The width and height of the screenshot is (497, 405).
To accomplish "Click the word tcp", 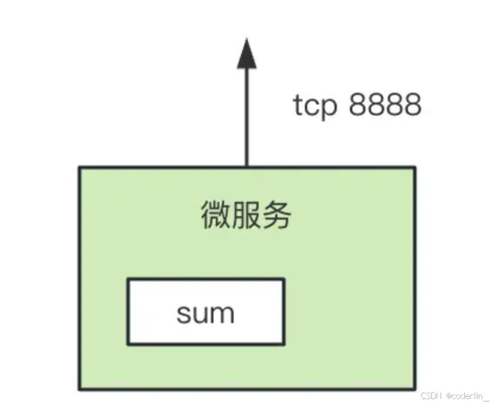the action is pyautogui.click(x=316, y=106).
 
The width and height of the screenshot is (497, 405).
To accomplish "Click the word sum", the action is pyautogui.click(x=205, y=312).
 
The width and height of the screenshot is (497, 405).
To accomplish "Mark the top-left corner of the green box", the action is pyautogui.click(x=80, y=168).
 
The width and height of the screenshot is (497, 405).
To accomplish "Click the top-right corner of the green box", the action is pyautogui.click(x=415, y=168).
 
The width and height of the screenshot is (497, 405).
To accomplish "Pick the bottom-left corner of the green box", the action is pyautogui.click(x=80, y=389).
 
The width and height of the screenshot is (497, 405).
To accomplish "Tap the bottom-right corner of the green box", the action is pyautogui.click(x=415, y=389).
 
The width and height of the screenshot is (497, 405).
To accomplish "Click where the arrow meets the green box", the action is pyautogui.click(x=246, y=167).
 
